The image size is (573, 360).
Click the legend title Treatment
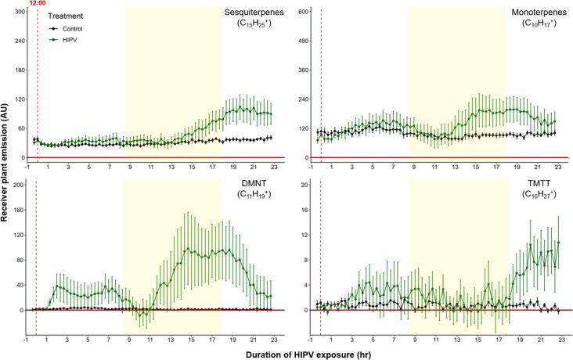[65, 16]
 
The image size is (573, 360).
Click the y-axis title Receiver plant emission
[6, 168]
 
